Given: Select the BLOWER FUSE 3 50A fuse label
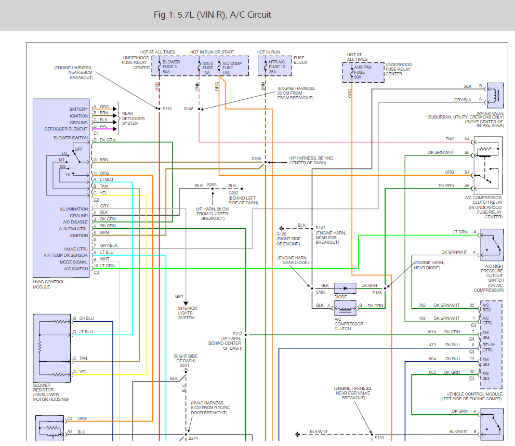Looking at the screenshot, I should coord(171,68).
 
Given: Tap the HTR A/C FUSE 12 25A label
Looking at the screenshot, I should coord(278,68).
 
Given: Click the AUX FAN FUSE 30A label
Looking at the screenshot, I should coord(362,72).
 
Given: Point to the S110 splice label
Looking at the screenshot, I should coord(167,109).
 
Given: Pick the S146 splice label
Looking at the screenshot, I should coord(189,109).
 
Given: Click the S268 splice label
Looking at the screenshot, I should coord(256,159).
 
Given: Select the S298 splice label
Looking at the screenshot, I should coord(212,185).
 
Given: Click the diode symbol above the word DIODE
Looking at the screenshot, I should coord(345,287).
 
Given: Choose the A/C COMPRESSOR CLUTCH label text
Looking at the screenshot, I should coord(349,324).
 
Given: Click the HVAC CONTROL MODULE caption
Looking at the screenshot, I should coord(48,284).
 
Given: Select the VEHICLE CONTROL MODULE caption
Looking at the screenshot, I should coord(473,397).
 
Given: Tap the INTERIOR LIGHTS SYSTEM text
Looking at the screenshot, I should coord(187,313).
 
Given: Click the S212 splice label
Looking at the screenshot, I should coord(237,334).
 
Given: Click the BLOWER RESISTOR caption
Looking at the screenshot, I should coord(51,392).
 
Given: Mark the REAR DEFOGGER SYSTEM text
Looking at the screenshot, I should coord(134,119).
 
